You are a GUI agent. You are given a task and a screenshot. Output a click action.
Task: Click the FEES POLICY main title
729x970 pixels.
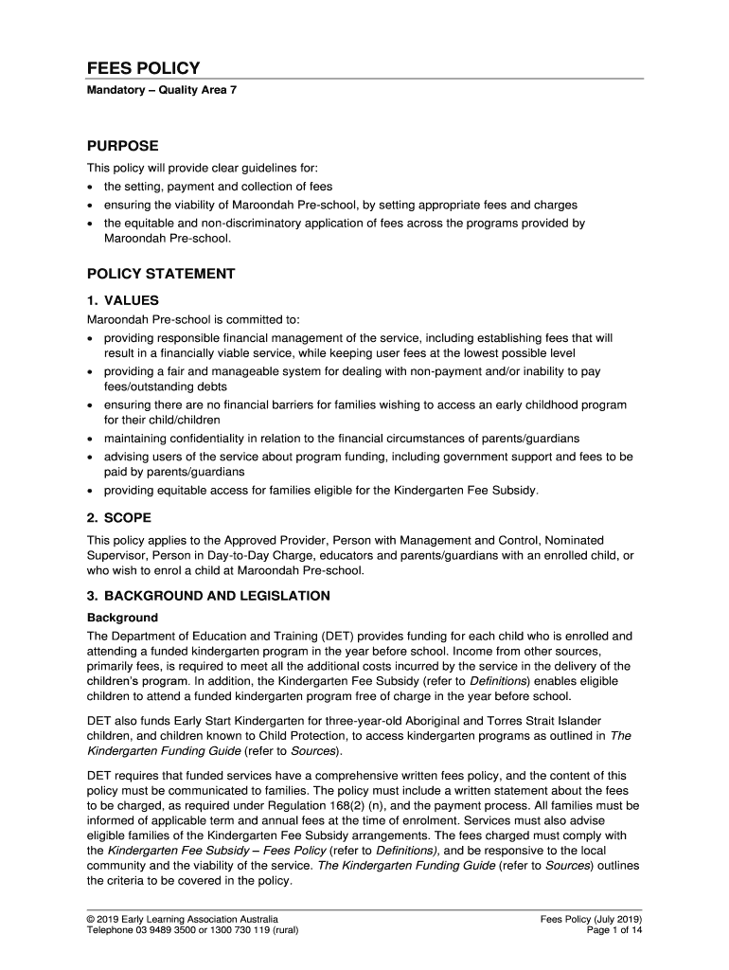point(143,68)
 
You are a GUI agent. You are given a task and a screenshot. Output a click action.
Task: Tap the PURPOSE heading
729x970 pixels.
point(123,146)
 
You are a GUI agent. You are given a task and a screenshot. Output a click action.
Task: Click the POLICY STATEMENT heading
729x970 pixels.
point(161,274)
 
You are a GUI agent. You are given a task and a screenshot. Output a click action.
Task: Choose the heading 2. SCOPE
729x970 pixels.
point(119,518)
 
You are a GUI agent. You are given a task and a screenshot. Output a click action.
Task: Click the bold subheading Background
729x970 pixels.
point(122,618)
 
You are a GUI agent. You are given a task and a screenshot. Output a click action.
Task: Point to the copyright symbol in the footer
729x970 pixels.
point(91,919)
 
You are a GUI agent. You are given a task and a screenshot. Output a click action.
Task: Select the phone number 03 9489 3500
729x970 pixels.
point(178,930)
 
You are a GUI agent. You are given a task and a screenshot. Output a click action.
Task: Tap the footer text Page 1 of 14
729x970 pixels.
point(615,930)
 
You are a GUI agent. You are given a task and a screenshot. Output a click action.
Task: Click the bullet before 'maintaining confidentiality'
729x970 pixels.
point(91,440)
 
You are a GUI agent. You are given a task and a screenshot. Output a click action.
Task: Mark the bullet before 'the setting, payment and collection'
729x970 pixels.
point(91,188)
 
